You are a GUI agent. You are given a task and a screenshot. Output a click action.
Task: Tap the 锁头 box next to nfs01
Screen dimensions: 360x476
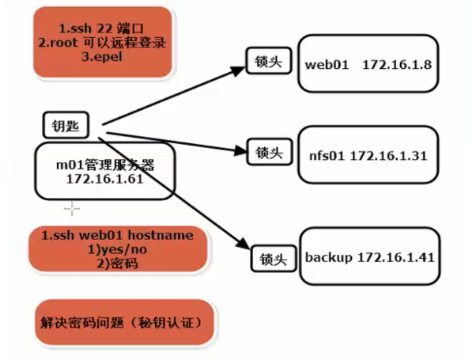[270, 151]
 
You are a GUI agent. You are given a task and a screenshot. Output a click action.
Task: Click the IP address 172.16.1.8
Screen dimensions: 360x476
[396, 65]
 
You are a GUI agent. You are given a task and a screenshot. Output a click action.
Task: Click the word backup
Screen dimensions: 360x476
[327, 258]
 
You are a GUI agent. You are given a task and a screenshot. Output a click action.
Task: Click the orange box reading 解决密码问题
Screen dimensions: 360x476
[124, 323]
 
